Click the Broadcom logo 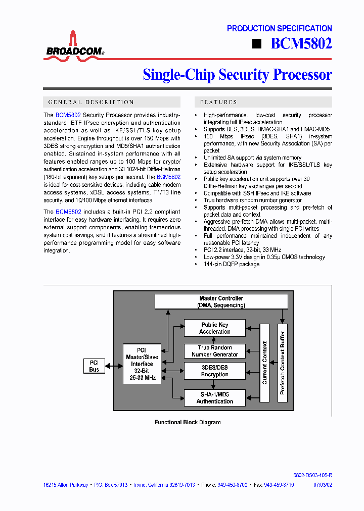(74, 46)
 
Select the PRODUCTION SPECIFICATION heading (279, 29)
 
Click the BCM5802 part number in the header (301, 44)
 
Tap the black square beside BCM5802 (257, 44)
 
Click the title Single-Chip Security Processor (237, 75)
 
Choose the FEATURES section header (219, 102)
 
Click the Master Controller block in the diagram (221, 302)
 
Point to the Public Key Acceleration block (214, 328)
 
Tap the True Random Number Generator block (214, 351)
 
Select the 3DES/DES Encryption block (214, 371)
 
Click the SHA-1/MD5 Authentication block (214, 398)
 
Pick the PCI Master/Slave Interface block (142, 364)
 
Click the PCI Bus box (94, 366)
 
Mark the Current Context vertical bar (264, 363)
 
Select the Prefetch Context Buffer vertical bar (283, 363)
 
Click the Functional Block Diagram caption (188, 422)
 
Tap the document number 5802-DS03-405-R (312, 476)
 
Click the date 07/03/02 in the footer (322, 485)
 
